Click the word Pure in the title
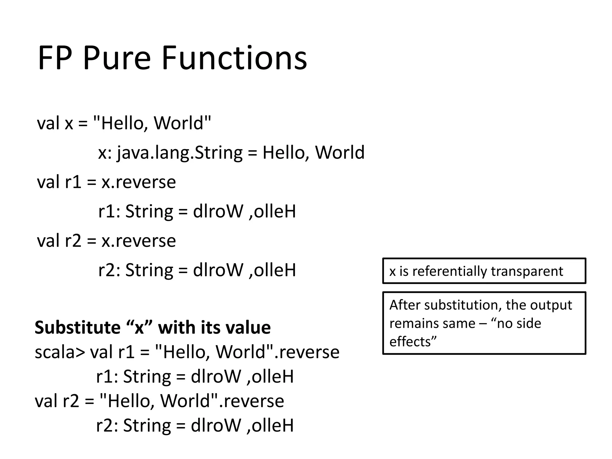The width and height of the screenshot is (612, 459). pyautogui.click(x=117, y=58)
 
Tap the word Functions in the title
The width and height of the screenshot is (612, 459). pyautogui.click(x=234, y=58)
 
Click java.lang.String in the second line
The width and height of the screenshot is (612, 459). pyautogui.click(x=180, y=153)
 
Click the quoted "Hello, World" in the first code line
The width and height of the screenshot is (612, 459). pyautogui.click(x=152, y=123)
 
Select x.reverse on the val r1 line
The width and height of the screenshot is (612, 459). pyautogui.click(x=139, y=182)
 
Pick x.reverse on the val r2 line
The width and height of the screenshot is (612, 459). pyautogui.click(x=139, y=241)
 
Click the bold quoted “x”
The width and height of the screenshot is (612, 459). pyautogui.click(x=140, y=328)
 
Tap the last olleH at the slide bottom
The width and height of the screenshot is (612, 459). pyautogui.click(x=273, y=426)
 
